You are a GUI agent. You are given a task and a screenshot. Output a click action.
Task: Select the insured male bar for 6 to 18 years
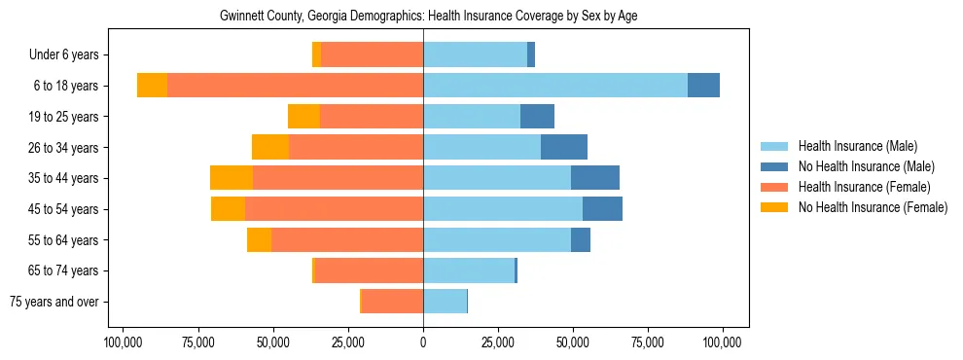click(555, 86)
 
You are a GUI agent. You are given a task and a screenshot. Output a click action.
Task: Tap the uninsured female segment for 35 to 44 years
click(232, 178)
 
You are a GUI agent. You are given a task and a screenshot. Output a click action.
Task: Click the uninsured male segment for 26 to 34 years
click(564, 147)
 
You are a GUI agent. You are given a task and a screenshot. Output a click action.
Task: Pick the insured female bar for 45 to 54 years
click(334, 209)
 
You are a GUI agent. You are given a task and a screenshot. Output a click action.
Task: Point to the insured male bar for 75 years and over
click(445, 302)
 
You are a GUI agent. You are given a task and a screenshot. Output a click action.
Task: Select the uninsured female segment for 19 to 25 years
click(303, 117)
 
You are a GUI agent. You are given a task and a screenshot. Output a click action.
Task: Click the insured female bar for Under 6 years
click(372, 54)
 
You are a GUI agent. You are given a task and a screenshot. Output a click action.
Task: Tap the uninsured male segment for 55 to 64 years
click(581, 239)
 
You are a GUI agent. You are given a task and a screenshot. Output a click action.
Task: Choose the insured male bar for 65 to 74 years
click(468, 270)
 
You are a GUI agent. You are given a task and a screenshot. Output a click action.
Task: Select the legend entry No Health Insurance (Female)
click(873, 207)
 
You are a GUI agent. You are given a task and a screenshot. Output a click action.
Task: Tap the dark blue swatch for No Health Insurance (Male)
click(774, 166)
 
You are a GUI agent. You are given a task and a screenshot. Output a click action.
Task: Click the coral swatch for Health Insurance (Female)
click(774, 187)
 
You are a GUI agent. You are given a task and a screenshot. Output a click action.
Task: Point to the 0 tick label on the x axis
click(423, 342)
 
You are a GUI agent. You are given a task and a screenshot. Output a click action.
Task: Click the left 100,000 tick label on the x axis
click(124, 342)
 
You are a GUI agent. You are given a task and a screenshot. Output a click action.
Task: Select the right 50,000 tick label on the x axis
click(573, 342)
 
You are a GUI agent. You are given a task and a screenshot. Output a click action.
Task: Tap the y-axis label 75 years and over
click(54, 302)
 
